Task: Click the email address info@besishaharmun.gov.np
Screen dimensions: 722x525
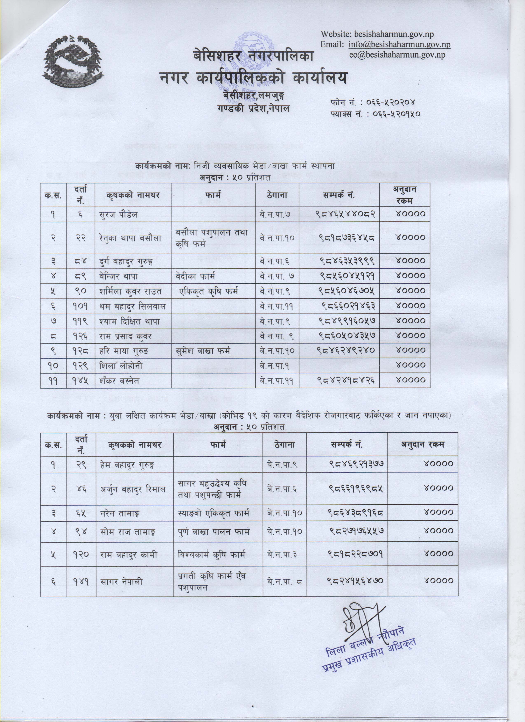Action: (399, 45)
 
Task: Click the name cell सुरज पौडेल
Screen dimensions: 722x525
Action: (118, 215)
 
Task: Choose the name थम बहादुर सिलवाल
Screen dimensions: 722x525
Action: (130, 306)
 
